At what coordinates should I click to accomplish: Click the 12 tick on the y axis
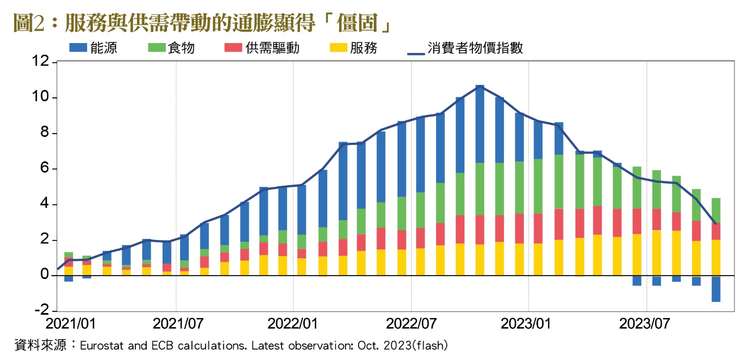(41, 62)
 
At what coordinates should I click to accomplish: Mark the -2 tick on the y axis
(41, 311)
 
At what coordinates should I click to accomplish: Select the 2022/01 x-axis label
(293, 324)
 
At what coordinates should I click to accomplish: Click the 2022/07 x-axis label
(411, 324)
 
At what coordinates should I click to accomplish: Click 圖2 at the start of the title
(27, 24)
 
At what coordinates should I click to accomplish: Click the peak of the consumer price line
(480, 86)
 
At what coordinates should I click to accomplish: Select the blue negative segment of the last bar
(716, 289)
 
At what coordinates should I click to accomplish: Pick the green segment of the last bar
(716, 211)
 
